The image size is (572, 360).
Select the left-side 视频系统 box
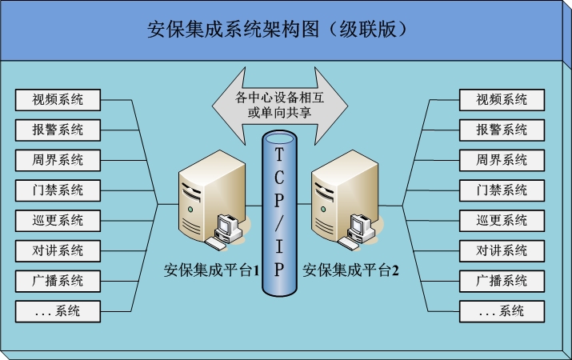pyautogui.click(x=58, y=100)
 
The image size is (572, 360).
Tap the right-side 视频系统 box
pyautogui.click(x=502, y=100)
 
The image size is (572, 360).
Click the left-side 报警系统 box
pyautogui.click(x=58, y=130)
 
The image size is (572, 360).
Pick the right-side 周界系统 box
pyautogui.click(x=502, y=160)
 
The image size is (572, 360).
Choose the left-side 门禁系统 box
pyautogui.click(x=58, y=190)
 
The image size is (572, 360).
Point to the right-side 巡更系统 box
pyautogui.click(x=502, y=221)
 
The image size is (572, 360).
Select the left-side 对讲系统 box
pyautogui.click(x=58, y=250)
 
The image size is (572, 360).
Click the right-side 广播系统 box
pyautogui.click(x=502, y=281)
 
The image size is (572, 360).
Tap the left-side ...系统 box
pyautogui.click(x=58, y=311)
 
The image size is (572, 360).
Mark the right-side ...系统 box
pyautogui.click(x=502, y=311)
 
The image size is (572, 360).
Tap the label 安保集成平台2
pyautogui.click(x=350, y=270)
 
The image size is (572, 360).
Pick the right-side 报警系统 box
pyautogui.click(x=502, y=130)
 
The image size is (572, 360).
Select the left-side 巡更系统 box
pyautogui.click(x=58, y=221)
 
